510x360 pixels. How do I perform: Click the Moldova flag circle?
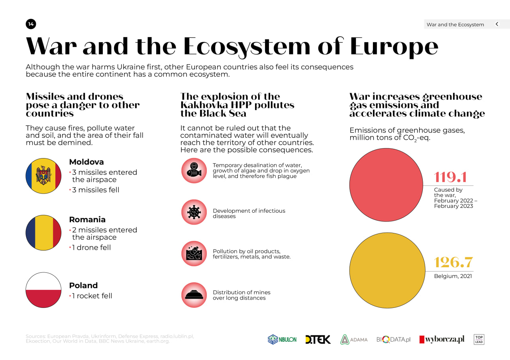pos(43,176)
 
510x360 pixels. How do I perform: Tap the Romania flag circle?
pos(43,233)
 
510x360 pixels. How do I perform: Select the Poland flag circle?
pos(43,290)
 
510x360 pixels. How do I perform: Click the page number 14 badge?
pos(31,24)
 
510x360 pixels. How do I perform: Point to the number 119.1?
pos(450,177)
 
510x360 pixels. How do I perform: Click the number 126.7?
pos(453,262)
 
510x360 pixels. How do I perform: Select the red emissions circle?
pos(386,185)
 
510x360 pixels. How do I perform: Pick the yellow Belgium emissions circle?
pos(386,270)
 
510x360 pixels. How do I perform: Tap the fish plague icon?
pos(194,170)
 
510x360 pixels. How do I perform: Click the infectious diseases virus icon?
pos(194,212)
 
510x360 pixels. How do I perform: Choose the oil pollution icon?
pos(194,253)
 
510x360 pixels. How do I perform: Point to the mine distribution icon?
pos(194,295)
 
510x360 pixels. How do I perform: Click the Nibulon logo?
pos(282,340)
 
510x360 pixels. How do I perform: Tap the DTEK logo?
pos(318,340)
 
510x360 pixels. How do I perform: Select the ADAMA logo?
pos(354,340)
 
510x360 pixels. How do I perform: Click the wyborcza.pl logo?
pos(442,340)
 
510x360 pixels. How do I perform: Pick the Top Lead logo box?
pos(479,340)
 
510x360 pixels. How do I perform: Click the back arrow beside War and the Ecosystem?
pos(497,24)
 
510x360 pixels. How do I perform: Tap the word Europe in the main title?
pos(394,46)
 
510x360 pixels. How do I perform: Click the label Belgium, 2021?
pos(453,276)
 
